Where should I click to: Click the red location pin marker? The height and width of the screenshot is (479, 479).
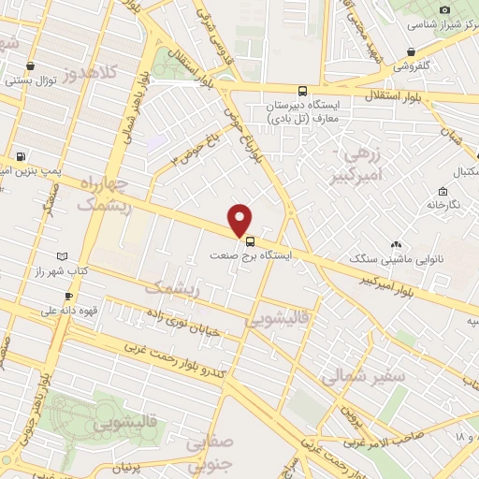[240, 219]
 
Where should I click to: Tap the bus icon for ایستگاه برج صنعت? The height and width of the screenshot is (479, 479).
[249, 239]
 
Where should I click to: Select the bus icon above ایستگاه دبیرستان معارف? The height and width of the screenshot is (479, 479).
[301, 92]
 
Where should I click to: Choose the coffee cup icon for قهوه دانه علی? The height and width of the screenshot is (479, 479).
[68, 297]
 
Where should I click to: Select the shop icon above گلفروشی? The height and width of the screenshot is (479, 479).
[412, 52]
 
